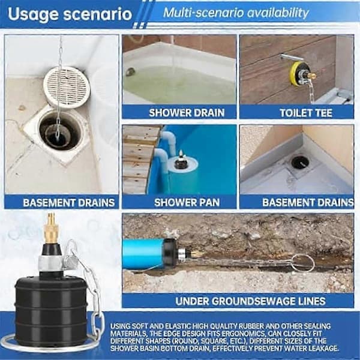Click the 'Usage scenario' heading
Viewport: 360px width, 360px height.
pyautogui.click(x=70, y=14)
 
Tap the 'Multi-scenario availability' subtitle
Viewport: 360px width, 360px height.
pyautogui.click(x=236, y=13)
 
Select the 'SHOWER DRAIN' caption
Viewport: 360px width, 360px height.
pyautogui.click(x=187, y=113)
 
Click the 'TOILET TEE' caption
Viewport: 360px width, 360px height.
pyautogui.click(x=306, y=113)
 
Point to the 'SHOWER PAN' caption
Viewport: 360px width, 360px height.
pyautogui.click(x=187, y=203)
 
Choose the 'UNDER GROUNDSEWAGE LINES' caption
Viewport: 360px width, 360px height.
pyautogui.click(x=250, y=301)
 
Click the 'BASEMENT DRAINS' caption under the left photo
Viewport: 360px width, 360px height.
pyautogui.click(x=69, y=203)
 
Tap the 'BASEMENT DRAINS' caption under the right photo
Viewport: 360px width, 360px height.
pyautogui.click(x=308, y=203)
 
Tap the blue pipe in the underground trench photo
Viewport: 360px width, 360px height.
pyautogui.click(x=143, y=254)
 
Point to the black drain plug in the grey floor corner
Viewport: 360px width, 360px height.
pyautogui.click(x=300, y=162)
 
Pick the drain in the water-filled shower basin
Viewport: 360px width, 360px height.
pyautogui.click(x=131, y=71)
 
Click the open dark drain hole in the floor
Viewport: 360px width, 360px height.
pyautogui.click(x=60, y=131)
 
